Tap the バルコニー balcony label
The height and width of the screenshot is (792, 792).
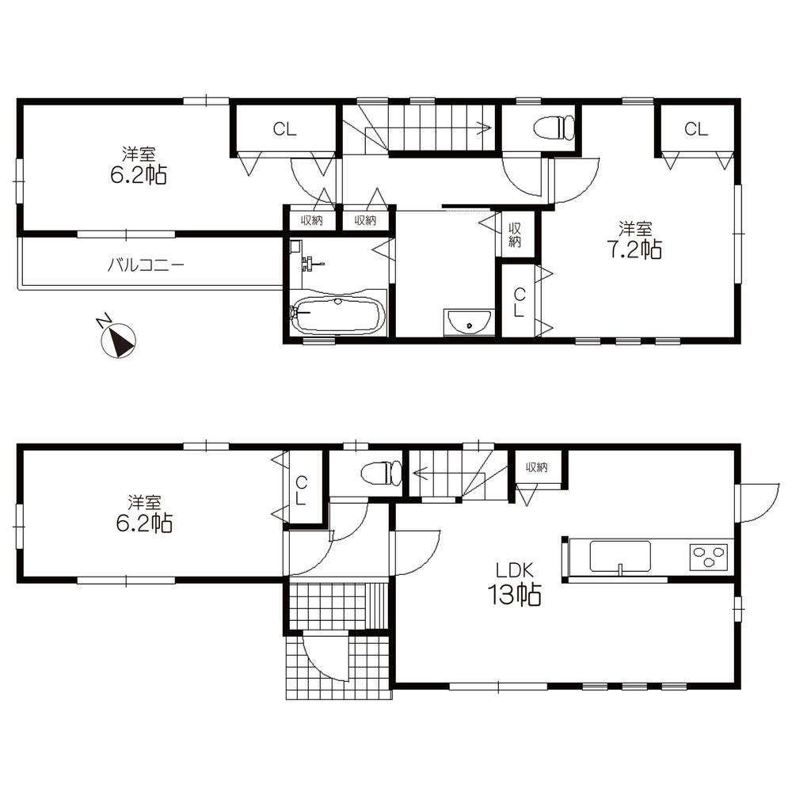147,265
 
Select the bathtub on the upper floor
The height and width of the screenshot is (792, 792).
339,315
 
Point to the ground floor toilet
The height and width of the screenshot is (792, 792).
382,474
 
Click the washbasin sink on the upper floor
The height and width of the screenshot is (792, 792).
470,322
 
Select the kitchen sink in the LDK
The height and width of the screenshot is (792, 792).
620,555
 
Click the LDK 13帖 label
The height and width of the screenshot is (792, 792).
518,583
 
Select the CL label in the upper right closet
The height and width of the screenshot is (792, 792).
696,130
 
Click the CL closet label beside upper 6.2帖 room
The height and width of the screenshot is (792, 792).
284,130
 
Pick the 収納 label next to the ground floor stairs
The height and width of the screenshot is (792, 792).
536,467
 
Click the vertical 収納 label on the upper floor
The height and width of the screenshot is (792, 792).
515,234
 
